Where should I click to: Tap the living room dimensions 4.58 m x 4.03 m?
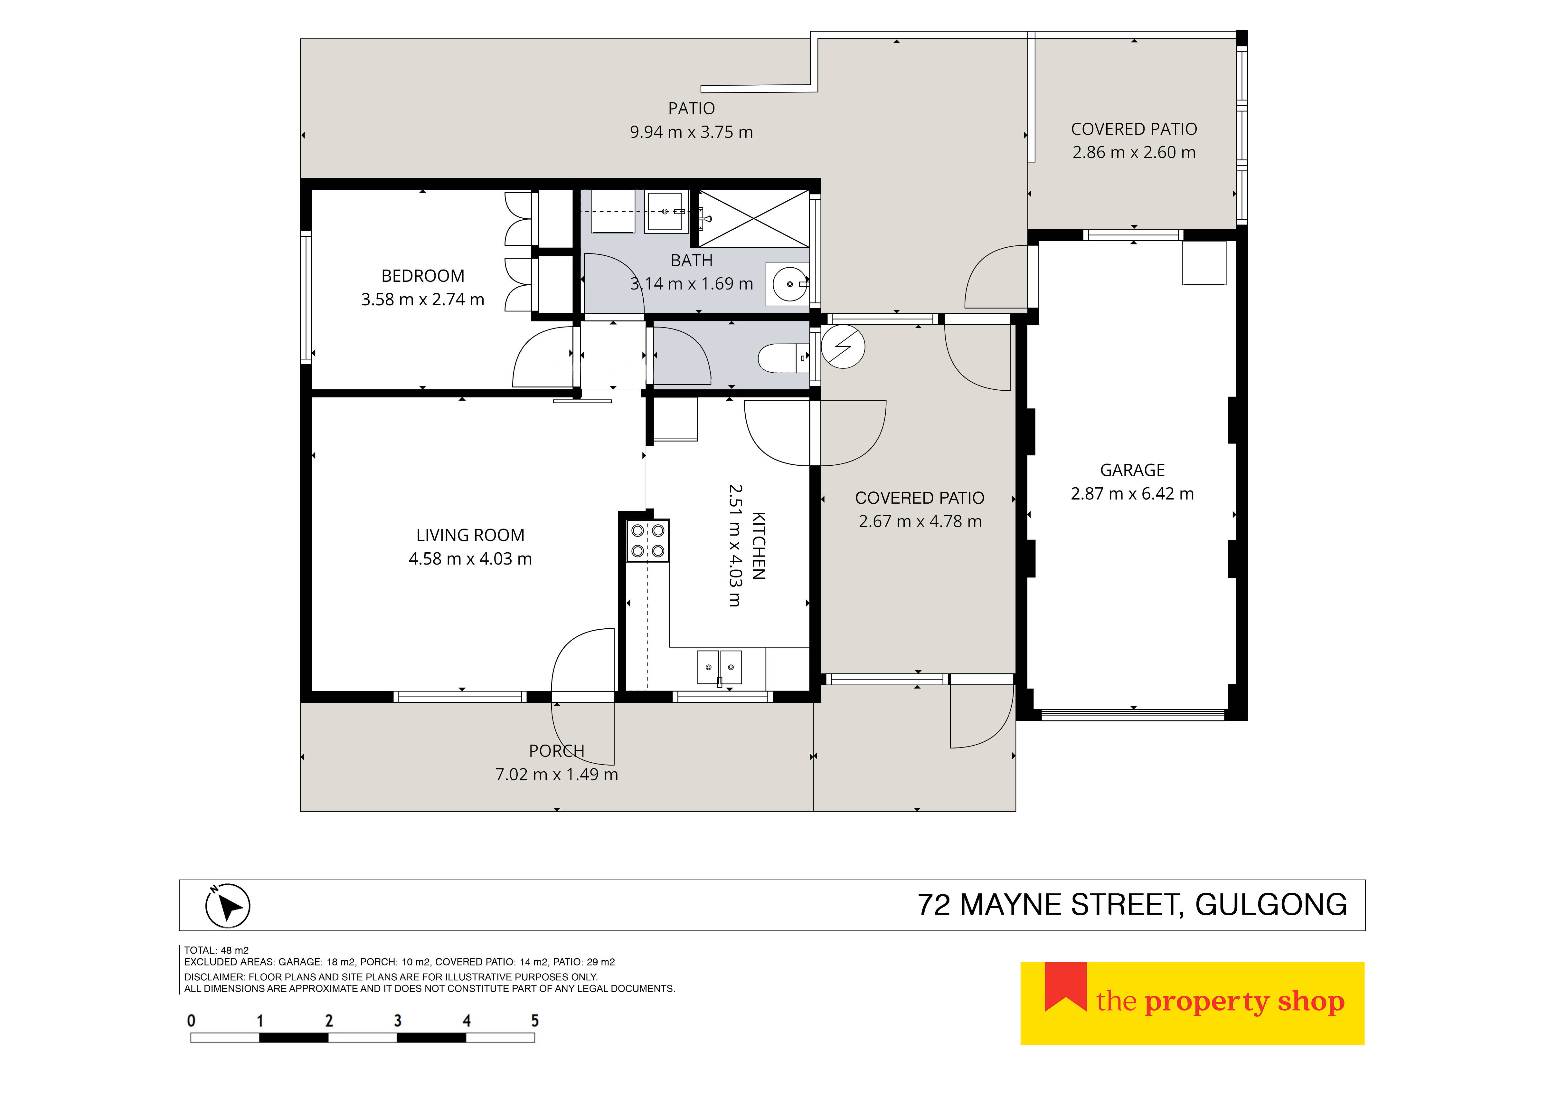click(x=470, y=559)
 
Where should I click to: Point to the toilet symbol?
click(x=783, y=358)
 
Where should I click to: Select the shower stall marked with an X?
click(x=753, y=218)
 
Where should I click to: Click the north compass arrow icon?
click(x=228, y=906)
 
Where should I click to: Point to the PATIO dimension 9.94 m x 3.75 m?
click(x=691, y=132)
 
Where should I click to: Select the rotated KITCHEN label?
click(x=759, y=546)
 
